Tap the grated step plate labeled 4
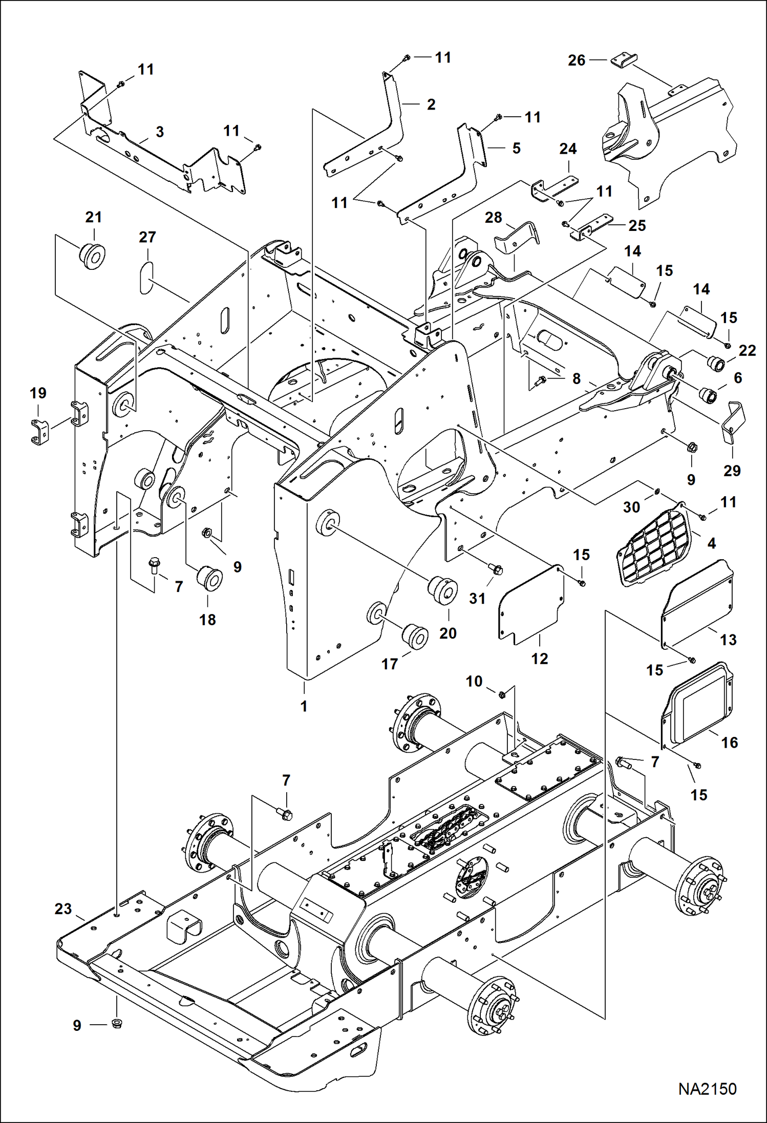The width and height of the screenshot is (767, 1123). [x=653, y=546]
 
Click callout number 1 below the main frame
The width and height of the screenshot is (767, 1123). [x=304, y=706]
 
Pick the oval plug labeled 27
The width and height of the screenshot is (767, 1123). [x=146, y=278]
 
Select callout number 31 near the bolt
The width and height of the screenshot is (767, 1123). [x=477, y=598]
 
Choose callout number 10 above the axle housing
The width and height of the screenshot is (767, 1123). [x=474, y=682]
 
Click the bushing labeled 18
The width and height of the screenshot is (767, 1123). [x=210, y=578]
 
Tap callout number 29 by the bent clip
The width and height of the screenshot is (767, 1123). [x=732, y=471]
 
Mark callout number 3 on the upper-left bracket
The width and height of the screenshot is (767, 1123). [x=160, y=132]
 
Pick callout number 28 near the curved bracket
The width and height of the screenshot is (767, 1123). [x=493, y=217]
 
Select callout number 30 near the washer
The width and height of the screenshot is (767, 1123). [x=631, y=507]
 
